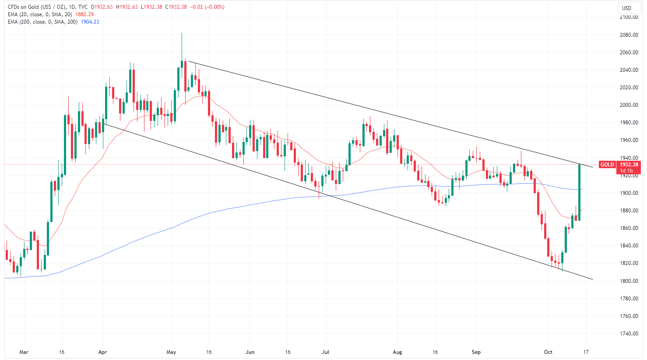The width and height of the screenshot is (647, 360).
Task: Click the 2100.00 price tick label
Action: pos(628,17)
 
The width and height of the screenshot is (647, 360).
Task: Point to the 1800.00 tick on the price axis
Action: pos(628,281)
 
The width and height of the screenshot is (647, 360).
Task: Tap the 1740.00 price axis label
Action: pos(628,333)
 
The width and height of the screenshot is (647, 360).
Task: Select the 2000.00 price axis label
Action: pos(628,105)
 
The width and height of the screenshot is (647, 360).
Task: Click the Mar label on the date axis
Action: pos(24,352)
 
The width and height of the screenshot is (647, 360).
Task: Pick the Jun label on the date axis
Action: pos(250,352)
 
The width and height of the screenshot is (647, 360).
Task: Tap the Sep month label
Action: pos(476,352)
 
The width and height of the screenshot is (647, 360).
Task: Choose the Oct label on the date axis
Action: pos(548,352)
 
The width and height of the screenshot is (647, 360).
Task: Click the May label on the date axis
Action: pos(172,352)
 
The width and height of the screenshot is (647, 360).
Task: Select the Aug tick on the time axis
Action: pos(397,352)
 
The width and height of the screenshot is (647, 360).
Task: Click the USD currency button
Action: pos(627,8)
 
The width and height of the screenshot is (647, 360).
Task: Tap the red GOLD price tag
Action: pos(607,165)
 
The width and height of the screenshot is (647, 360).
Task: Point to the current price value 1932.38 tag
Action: pos(628,165)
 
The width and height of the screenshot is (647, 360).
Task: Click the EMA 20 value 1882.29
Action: pos(84,14)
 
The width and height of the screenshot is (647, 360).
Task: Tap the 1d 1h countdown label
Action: pos(626,171)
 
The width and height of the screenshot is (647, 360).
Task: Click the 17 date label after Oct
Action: pos(586,352)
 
